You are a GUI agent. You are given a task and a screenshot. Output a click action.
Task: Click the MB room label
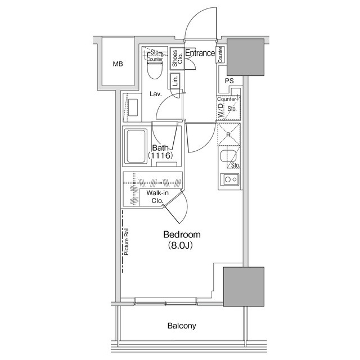coord(118,64)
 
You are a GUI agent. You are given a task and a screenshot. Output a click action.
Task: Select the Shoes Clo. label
coord(177,58)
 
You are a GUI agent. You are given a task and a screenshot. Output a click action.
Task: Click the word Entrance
coord(200,53)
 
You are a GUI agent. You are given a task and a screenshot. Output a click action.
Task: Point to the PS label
coord(229,81)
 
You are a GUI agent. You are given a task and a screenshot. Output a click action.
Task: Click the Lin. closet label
coord(175,80)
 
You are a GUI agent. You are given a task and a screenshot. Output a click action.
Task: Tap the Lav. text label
coord(156,94)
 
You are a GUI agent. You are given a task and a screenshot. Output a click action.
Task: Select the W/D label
coord(220,110)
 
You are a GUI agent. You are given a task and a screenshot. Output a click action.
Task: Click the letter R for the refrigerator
coord(228,135)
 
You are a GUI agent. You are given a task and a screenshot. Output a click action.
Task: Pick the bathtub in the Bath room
coord(136,146)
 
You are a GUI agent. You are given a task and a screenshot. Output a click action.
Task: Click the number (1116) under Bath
coord(160,156)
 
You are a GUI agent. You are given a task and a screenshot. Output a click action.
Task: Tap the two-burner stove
coord(229,179)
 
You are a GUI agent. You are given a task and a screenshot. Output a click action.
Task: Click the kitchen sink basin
coord(228,156)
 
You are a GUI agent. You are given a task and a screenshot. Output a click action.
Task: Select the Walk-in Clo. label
coord(157,197)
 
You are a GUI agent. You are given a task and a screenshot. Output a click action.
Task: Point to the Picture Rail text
coord(126,241)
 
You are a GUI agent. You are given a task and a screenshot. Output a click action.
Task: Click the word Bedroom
coord(182,235)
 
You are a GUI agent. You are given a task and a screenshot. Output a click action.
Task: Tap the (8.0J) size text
coord(181,245)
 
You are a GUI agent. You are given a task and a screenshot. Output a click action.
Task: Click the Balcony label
coord(182,326)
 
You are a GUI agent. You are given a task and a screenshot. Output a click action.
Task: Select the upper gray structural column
coord(245,57)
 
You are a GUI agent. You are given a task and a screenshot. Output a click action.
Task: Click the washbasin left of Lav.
coord(133,107)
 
